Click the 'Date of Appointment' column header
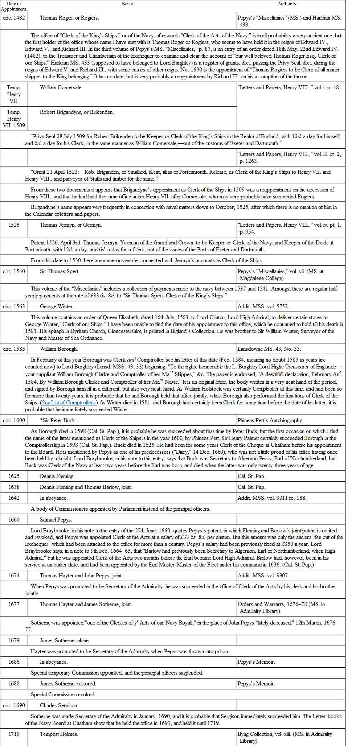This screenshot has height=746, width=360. pyautogui.click(x=14, y=6)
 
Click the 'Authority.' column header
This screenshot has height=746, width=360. pyautogui.click(x=287, y=4)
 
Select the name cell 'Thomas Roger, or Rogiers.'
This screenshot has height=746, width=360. pyautogui.click(x=69, y=18)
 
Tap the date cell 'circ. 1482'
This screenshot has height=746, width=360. pyautogui.click(x=14, y=18)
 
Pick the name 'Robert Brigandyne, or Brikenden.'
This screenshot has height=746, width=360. pyautogui.click(x=77, y=112)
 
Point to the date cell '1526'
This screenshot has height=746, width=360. pyautogui.click(x=14, y=225)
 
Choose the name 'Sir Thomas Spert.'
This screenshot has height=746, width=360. pyautogui.click(x=60, y=271)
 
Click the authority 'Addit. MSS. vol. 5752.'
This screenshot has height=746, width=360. pyautogui.click(x=263, y=306)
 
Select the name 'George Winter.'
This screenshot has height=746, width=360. pyautogui.click(x=57, y=306)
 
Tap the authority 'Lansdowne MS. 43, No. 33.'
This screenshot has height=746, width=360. pyautogui.click(x=269, y=349)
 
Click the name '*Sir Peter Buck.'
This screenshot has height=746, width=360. pyautogui.click(x=58, y=420)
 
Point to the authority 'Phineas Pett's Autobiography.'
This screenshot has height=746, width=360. pyautogui.click(x=270, y=420)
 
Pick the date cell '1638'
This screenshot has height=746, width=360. pyautogui.click(x=14, y=487)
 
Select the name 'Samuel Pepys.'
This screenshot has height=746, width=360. pyautogui.click(x=56, y=520)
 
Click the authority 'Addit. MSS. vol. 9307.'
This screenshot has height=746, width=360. pyautogui.click(x=263, y=576)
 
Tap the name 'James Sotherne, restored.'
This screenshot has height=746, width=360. pyautogui.click(x=68, y=684)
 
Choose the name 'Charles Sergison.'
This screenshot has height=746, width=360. pyautogui.click(x=59, y=705)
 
